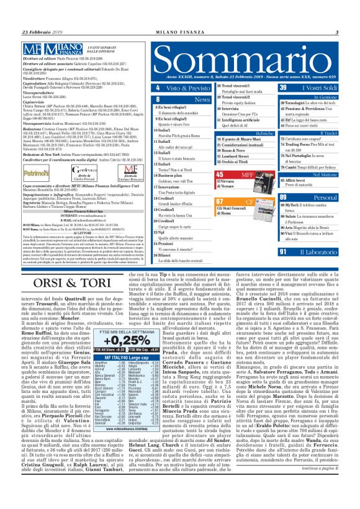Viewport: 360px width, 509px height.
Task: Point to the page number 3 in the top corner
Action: pos(336,32)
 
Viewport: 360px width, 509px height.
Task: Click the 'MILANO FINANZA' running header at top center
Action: pos(179,32)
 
